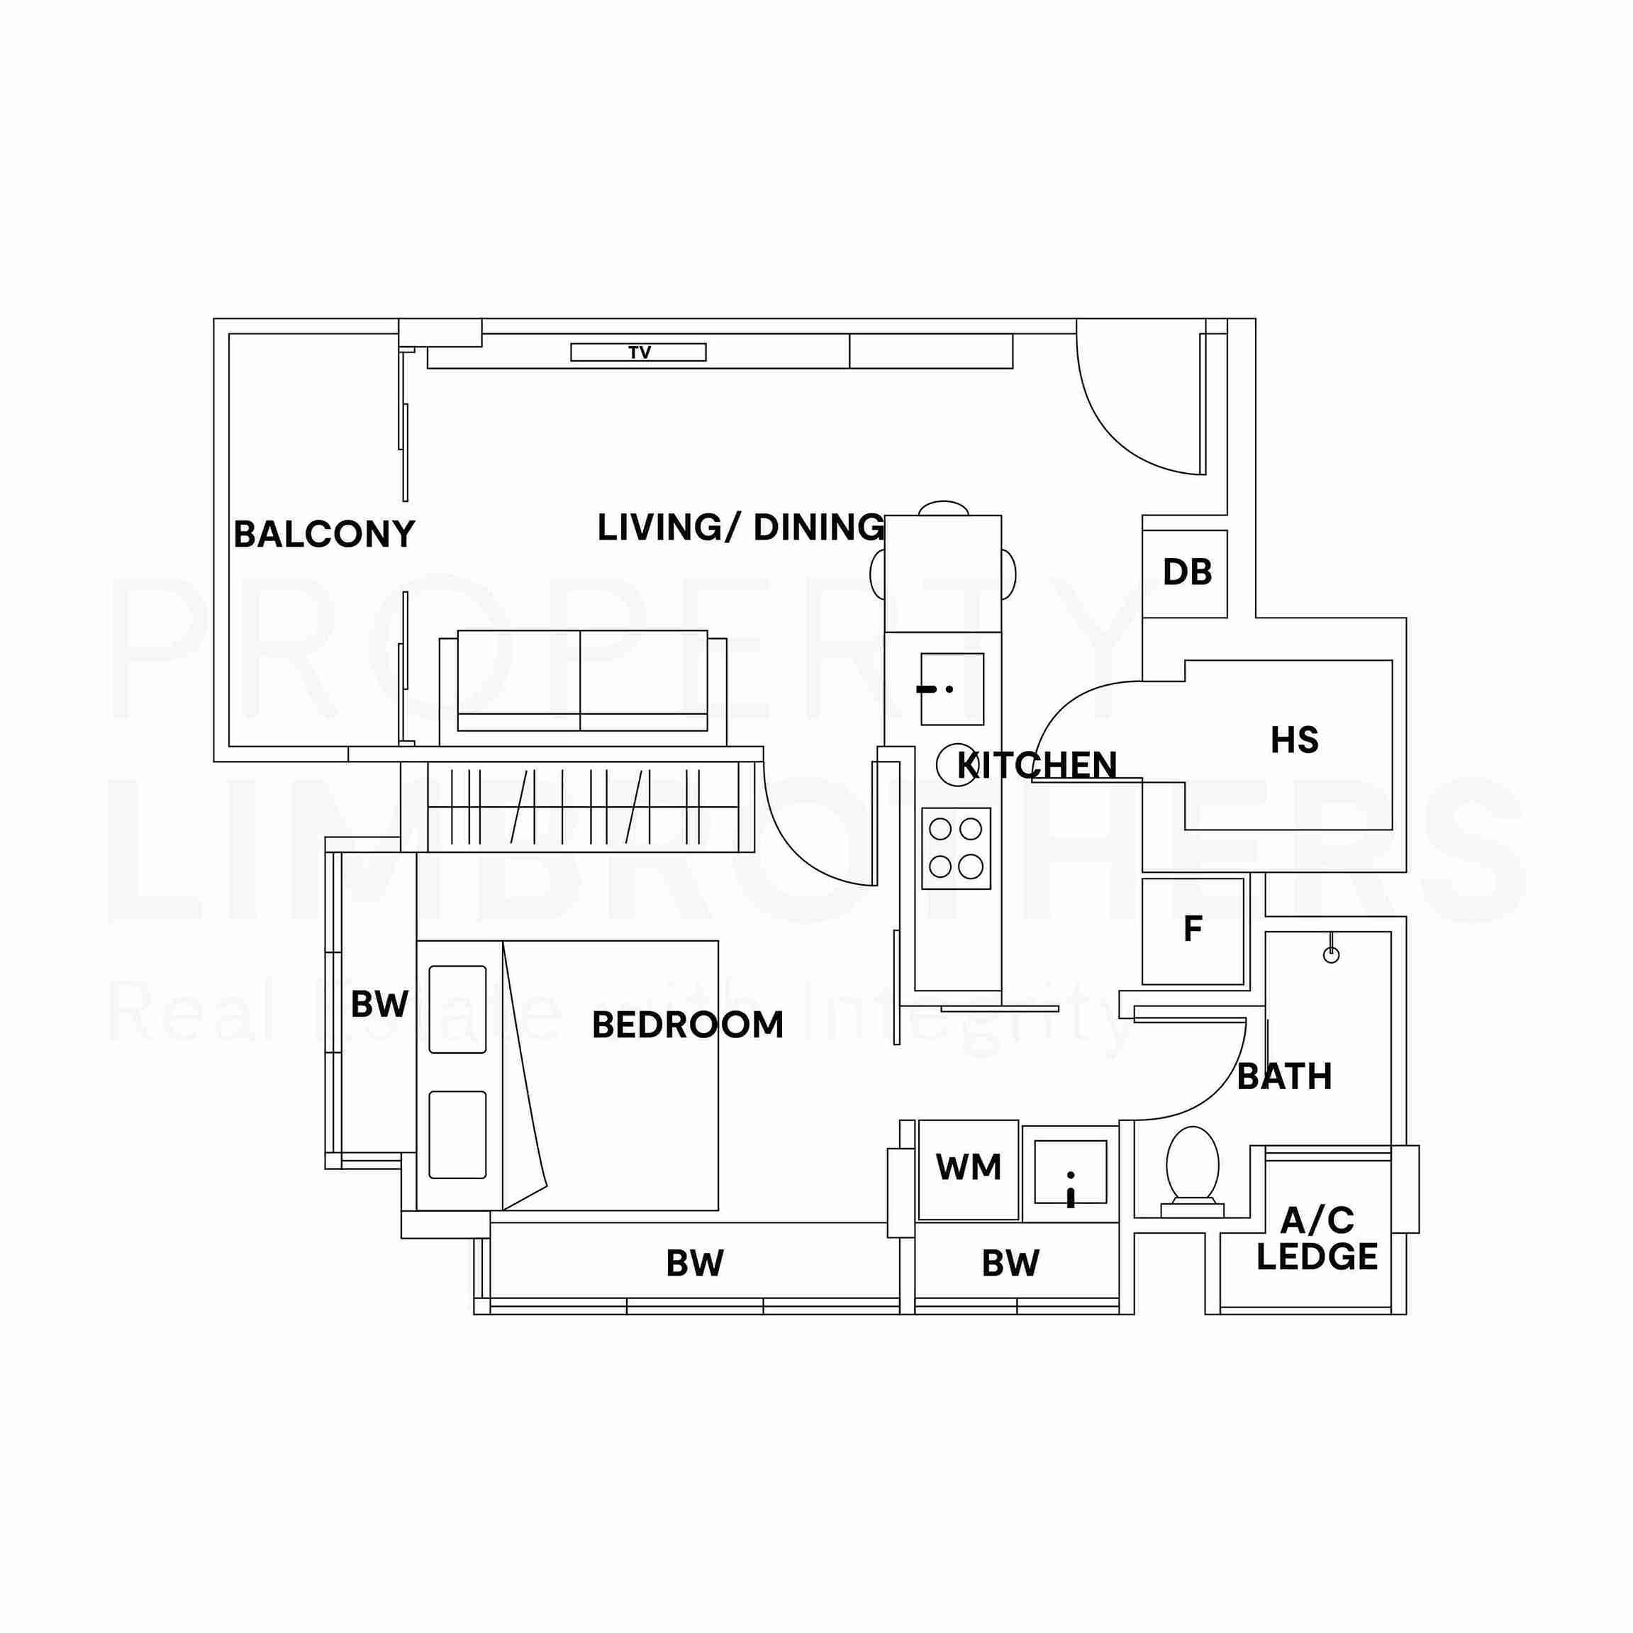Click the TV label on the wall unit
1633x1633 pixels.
[639, 352]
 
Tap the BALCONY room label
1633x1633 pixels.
[324, 534]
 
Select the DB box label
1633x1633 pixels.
[1187, 573]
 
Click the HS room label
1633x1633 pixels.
[1293, 740]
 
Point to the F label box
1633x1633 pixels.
[1193, 930]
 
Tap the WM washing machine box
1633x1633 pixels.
[968, 1169]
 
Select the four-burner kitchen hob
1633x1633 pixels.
[955, 848]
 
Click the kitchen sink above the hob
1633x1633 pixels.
[952, 689]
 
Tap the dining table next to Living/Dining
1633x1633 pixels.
[942, 573]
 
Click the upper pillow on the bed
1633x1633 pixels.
[457, 1009]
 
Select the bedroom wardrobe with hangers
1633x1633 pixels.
[583, 806]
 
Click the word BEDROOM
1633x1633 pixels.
[687, 1025]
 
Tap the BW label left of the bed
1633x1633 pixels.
[379, 1004]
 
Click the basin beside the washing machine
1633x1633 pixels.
[1070, 1171]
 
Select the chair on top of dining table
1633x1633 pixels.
[942, 508]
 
